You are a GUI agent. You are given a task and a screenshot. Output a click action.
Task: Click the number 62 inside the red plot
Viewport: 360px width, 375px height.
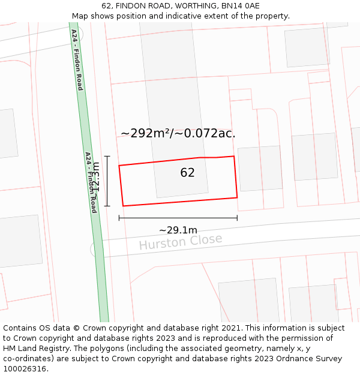click(187, 173)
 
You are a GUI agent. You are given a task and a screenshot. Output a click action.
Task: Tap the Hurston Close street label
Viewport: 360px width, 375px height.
click(181, 242)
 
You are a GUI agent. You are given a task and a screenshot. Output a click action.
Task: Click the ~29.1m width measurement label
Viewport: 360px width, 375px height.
click(178, 230)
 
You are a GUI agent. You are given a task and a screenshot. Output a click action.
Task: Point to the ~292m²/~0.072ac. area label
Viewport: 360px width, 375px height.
click(178, 133)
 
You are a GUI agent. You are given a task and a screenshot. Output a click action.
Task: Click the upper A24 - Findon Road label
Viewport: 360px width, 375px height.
click(77, 59)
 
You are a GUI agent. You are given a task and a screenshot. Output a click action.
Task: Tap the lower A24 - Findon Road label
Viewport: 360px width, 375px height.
click(91, 182)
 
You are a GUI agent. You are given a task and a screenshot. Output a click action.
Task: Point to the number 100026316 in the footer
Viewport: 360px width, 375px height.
click(25, 368)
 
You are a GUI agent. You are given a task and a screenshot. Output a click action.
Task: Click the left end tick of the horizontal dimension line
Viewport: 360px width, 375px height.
click(119, 217)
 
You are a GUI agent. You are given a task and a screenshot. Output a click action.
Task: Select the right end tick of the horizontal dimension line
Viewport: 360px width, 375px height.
click(237, 217)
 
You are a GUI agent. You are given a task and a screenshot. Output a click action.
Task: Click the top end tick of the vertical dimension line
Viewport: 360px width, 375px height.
click(107, 157)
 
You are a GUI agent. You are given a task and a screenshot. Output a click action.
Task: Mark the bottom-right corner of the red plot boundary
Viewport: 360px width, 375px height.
click(237, 197)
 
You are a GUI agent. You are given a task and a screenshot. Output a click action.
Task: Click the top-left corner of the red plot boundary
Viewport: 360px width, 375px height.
click(119, 165)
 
